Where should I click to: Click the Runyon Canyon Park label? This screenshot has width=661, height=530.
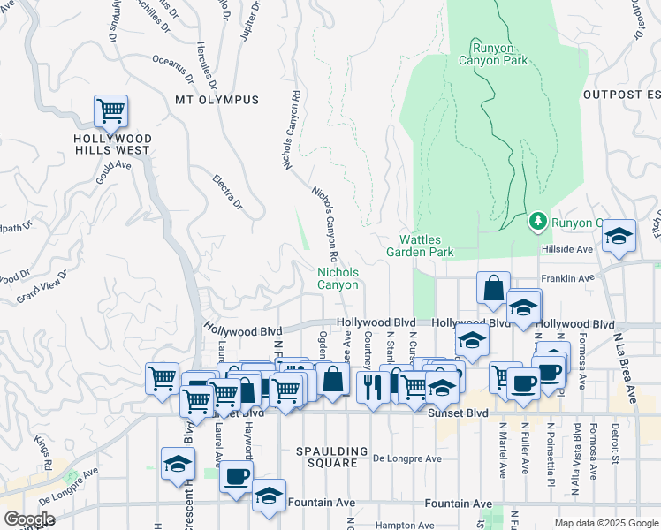coord(493,54)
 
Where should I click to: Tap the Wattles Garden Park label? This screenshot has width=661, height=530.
coord(420,246)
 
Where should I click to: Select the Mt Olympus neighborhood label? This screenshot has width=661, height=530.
coord(217,100)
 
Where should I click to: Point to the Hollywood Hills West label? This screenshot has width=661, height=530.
coord(112,145)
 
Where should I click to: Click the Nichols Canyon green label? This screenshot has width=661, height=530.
coord(338,279)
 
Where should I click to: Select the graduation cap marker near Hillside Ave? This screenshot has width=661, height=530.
coord(619,237)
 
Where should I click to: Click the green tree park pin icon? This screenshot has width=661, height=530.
coord(536,220)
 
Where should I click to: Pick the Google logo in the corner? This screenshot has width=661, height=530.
coord(29,519)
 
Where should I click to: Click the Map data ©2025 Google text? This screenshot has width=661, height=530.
coord(606,523)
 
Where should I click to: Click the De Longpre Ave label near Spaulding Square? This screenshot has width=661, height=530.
coord(406,458)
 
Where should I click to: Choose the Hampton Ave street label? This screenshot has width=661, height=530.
coord(407,525)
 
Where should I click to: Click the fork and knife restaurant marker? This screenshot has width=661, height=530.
coord(372,386)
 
